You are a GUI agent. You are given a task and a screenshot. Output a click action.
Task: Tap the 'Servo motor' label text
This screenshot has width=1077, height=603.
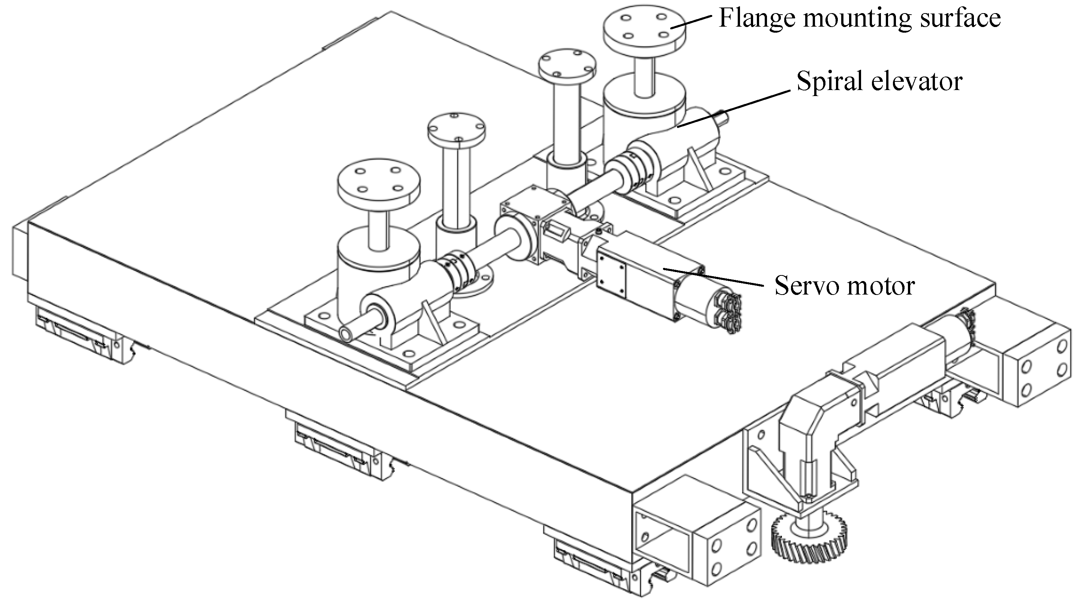pos(845,286)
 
